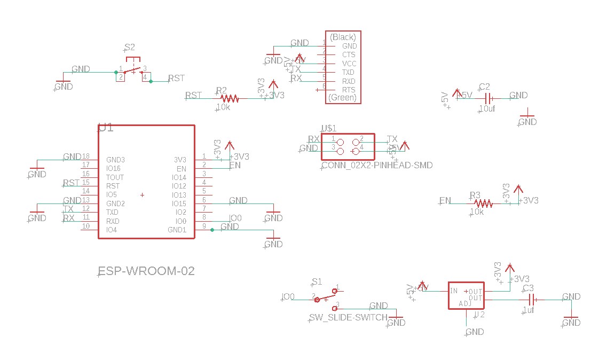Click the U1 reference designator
coord(106,128)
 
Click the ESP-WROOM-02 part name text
coord(147,271)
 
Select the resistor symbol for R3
coord(483,204)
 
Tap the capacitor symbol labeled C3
coord(532,301)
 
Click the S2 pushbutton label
coord(130,48)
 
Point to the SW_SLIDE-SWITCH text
coord(348,318)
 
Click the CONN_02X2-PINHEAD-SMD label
coord(377,166)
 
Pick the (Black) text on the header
coord(343,37)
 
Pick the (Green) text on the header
coord(342,98)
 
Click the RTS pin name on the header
coord(349,90)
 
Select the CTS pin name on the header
coord(349,54)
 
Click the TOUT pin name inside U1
coord(115,177)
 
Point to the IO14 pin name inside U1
coord(179,177)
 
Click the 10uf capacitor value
coord(487,108)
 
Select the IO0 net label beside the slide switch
coord(288,296)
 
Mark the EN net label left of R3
coord(445,201)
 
